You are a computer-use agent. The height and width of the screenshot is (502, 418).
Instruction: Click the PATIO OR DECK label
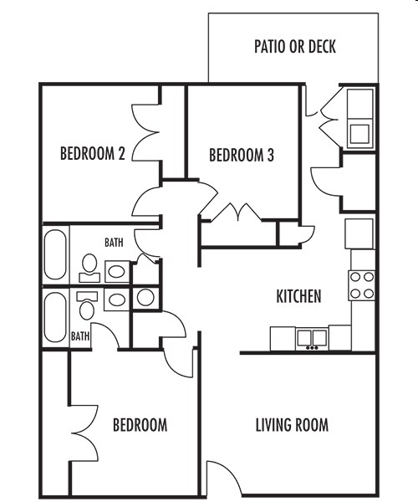[294, 46]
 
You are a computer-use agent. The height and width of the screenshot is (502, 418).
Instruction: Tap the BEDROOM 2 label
[93, 154]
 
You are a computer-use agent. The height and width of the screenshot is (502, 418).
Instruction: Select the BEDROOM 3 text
[242, 155]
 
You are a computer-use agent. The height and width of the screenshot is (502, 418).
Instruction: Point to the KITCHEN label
[298, 296]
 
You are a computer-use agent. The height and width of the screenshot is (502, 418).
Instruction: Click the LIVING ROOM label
[292, 424]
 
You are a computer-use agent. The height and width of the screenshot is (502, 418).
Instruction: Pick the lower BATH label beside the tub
[80, 336]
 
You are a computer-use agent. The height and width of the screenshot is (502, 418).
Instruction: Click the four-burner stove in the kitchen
[361, 285]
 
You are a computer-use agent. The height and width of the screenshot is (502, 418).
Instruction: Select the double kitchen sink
[311, 338]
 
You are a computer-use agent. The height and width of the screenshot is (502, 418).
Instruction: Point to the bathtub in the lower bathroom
[56, 316]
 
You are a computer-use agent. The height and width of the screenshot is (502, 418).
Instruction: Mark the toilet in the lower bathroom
[86, 305]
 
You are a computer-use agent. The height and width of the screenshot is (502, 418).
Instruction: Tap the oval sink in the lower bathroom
[117, 300]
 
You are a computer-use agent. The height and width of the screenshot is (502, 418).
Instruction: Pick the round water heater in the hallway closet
[145, 296]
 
